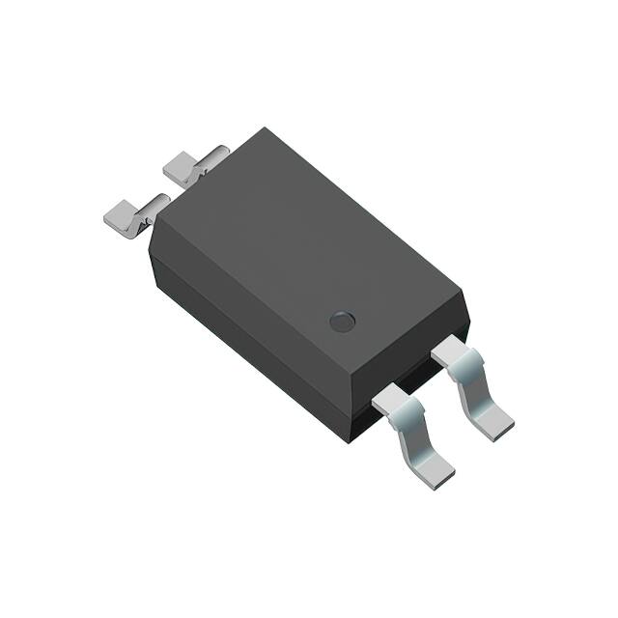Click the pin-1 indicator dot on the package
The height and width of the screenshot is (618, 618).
[343, 322]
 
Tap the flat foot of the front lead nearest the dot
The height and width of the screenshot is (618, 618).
[495, 416]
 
